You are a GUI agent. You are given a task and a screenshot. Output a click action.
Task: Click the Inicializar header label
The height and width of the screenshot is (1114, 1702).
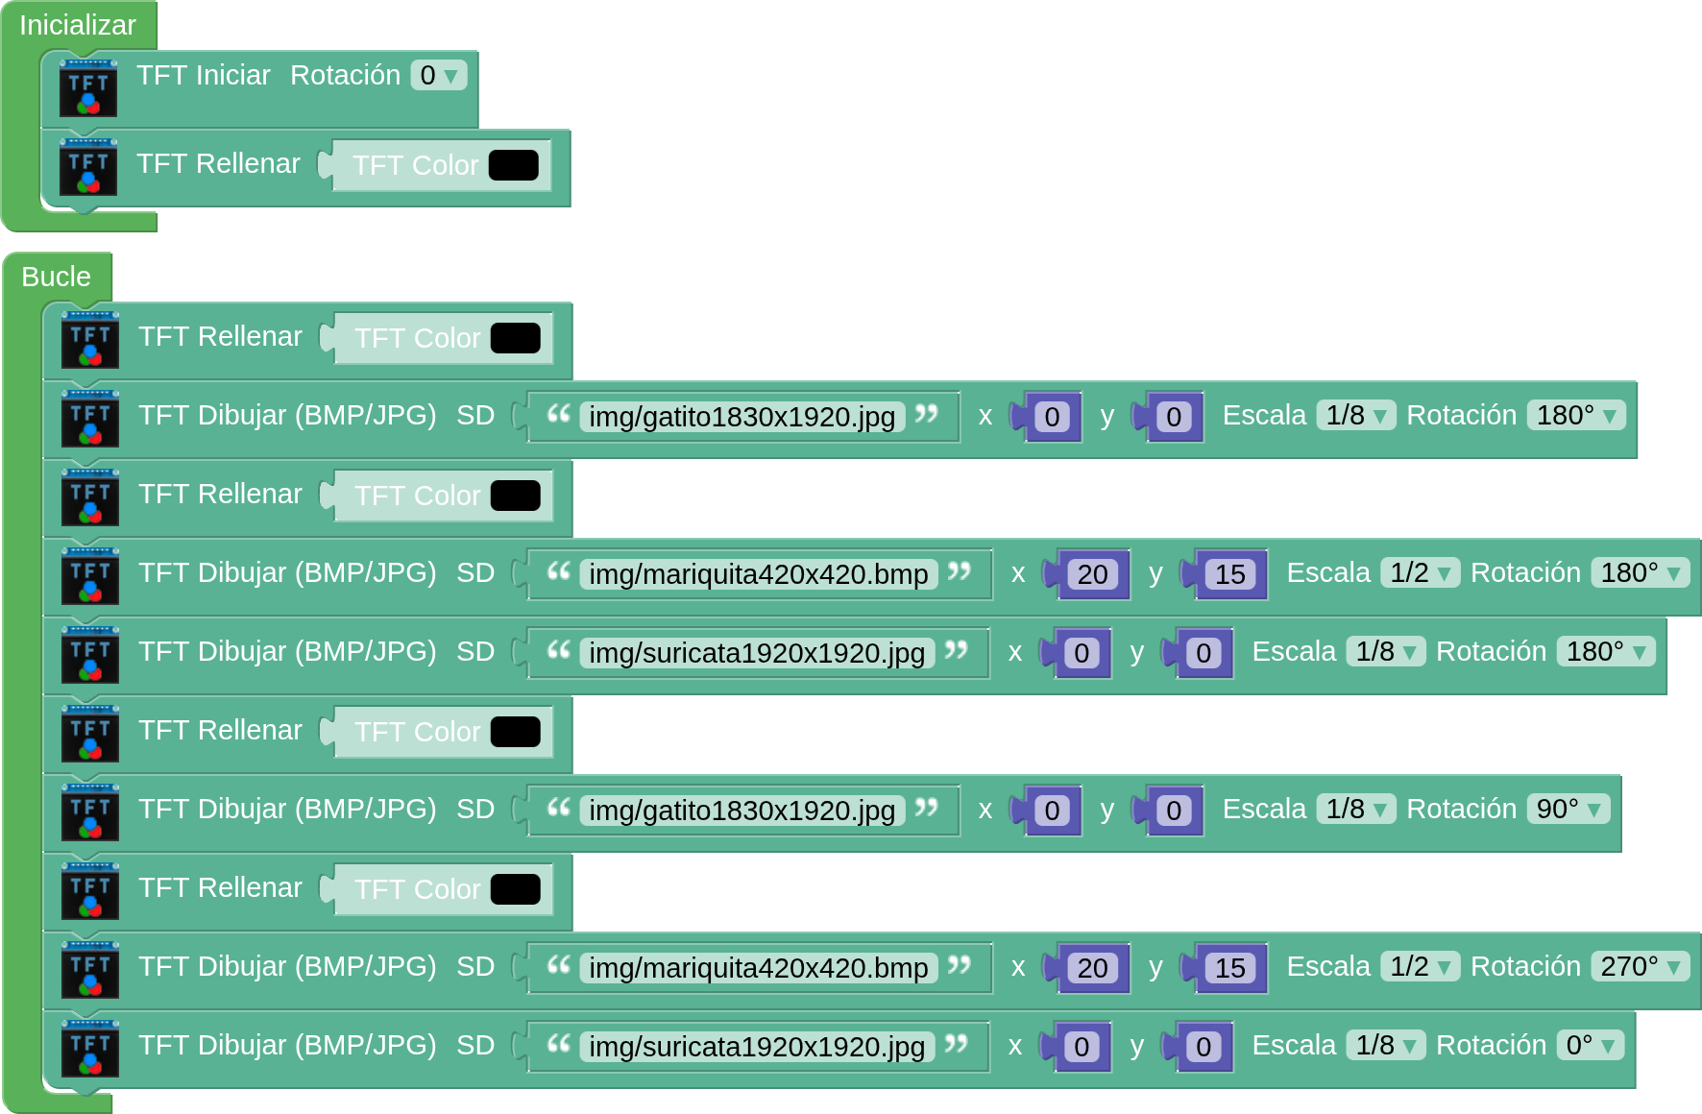(x=77, y=25)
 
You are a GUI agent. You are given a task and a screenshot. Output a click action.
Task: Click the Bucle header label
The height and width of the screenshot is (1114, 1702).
(x=56, y=277)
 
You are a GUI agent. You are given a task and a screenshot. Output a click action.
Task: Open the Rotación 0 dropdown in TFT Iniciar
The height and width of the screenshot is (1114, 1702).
(x=438, y=75)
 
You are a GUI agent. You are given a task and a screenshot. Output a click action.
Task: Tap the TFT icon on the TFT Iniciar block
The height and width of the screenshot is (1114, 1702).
(x=88, y=88)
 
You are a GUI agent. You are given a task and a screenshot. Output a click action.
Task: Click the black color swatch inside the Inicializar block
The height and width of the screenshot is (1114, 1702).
(x=513, y=165)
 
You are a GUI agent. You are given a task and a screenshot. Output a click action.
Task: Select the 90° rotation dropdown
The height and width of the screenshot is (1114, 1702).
(x=1568, y=809)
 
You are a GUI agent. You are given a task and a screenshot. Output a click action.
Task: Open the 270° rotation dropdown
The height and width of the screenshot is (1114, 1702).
(x=1640, y=966)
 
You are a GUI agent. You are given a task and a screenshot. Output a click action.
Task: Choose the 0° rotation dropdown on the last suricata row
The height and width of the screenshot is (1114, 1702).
(x=1590, y=1045)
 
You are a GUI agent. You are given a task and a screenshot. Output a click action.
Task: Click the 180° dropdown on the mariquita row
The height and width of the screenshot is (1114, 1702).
(x=1640, y=572)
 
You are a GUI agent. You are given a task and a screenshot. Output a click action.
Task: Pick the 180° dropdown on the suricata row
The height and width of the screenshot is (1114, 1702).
(x=1605, y=651)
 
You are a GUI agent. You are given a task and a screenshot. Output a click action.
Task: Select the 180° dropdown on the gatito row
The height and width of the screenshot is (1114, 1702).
(x=1575, y=415)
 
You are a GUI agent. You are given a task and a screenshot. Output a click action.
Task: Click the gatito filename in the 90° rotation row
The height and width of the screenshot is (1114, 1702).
(x=742, y=811)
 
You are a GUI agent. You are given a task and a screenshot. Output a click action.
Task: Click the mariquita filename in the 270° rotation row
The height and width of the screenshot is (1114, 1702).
(x=758, y=968)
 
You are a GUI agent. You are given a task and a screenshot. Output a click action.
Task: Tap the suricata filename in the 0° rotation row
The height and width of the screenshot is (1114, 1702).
(x=756, y=1047)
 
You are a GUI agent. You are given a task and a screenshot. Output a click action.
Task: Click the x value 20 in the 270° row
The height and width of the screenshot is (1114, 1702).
(x=1092, y=968)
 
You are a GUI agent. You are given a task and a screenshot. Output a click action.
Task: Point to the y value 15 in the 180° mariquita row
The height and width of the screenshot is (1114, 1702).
(x=1229, y=574)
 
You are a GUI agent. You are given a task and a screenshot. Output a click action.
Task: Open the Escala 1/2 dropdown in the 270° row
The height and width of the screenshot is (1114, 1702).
(x=1419, y=966)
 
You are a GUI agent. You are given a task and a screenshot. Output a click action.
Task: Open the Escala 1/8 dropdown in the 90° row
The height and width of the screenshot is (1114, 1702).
(x=1354, y=809)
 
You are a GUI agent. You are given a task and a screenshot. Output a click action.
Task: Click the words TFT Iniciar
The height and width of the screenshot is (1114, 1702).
(x=203, y=75)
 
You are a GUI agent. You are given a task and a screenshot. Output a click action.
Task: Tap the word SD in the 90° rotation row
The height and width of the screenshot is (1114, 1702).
(x=474, y=809)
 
